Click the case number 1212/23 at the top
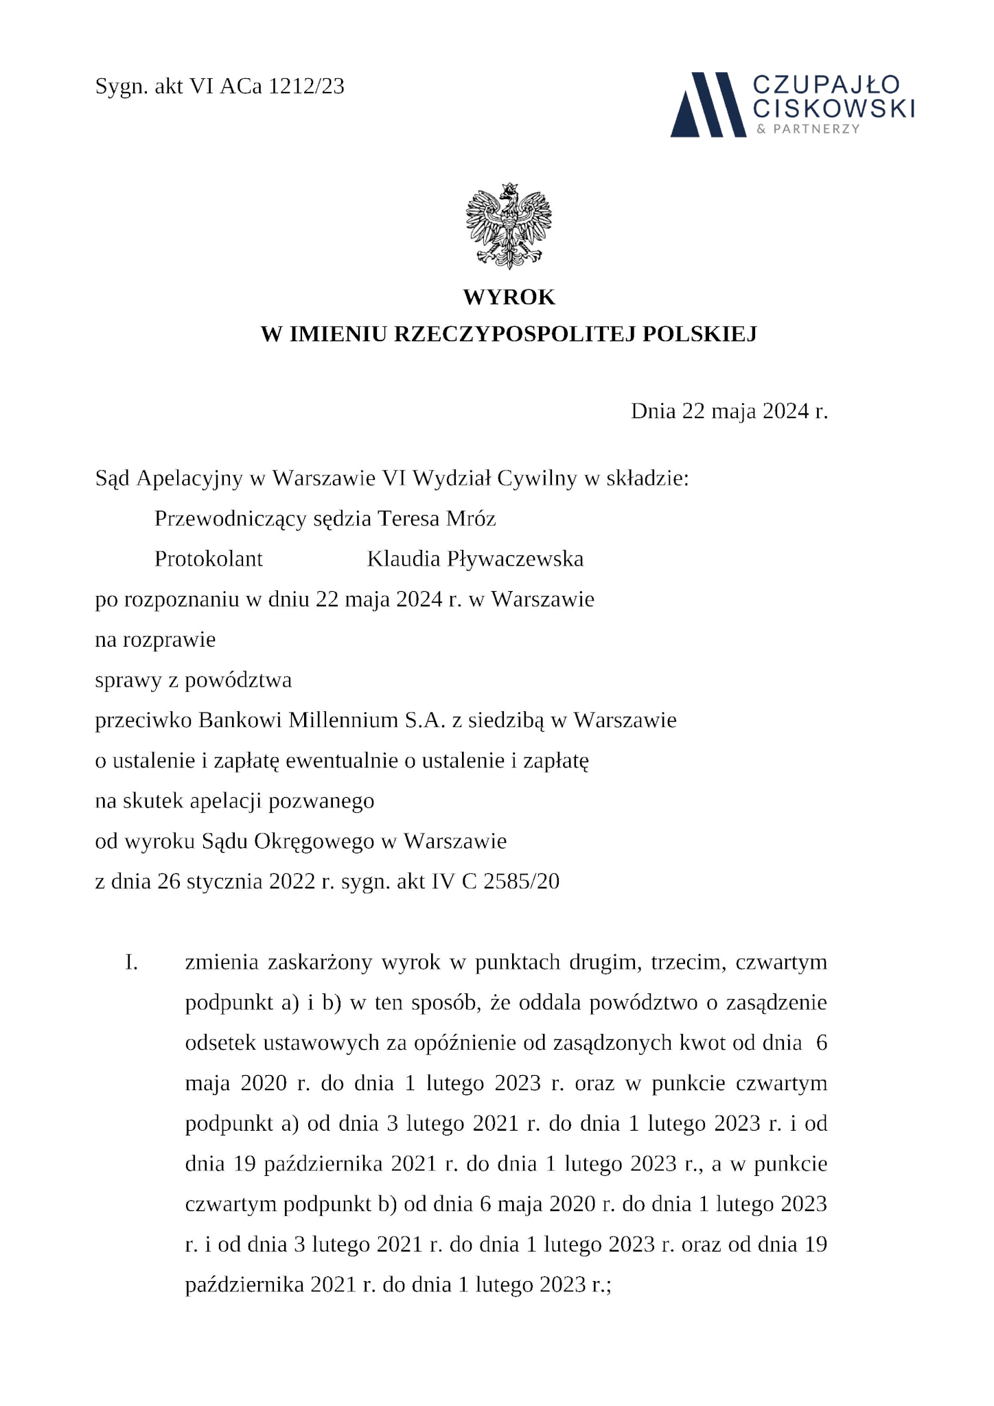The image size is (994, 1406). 306,87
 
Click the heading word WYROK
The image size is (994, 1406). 509,297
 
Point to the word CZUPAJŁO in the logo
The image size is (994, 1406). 826,85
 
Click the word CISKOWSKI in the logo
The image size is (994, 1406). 834,108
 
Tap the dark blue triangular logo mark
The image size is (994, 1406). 708,104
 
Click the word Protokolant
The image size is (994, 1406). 209,559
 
